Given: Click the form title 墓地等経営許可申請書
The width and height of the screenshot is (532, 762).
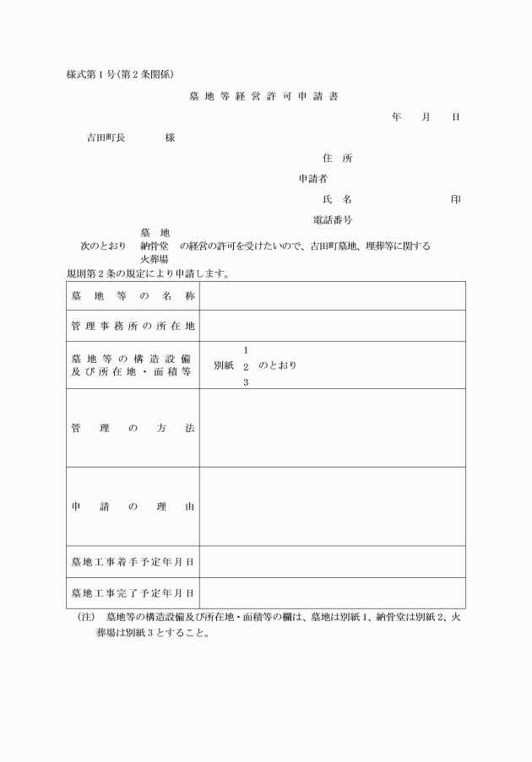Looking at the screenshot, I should pos(264,96).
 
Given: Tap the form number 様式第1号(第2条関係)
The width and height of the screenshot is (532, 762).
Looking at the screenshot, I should pos(120,74).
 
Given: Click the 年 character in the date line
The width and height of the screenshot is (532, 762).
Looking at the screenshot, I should pos(396,116).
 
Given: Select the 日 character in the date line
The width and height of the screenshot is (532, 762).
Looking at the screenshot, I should pos(456,116).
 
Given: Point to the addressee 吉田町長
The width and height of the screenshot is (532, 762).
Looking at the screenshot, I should pos(106,138).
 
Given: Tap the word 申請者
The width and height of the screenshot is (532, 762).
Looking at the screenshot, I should pos(313,179).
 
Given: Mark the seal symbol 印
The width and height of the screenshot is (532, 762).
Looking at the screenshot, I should pos(456,199).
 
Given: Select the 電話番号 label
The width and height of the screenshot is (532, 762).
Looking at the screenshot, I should pos(333,220).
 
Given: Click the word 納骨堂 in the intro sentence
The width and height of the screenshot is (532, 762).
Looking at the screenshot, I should pos(155,246).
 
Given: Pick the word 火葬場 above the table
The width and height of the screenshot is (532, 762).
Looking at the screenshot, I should pos(155,260).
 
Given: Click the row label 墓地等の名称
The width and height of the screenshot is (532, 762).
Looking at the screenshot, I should pos(133,295).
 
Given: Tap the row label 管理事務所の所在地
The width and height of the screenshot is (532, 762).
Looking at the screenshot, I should pos(133,326).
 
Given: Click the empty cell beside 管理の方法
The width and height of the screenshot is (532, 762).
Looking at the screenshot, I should pos(332,428).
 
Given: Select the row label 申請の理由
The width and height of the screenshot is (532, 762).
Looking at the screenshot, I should pos(133,506).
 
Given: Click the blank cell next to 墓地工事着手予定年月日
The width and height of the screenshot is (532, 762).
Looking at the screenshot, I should pos(332,561).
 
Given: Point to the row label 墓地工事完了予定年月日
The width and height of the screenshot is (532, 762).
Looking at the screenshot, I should pos(133,592).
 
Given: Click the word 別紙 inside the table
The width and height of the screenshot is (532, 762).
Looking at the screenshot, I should pos(224,365).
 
